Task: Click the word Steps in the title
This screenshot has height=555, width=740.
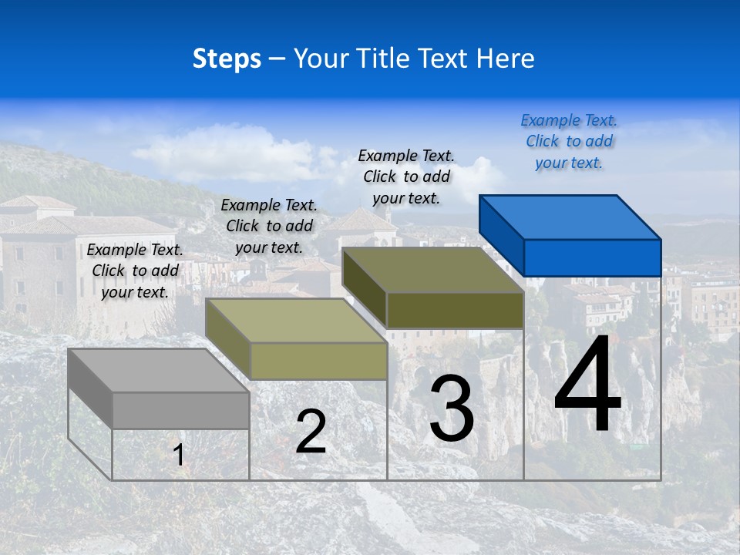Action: tap(227, 59)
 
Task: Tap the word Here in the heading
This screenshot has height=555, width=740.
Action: tap(505, 59)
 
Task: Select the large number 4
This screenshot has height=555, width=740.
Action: tap(587, 386)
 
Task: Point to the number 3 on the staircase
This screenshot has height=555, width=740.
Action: tap(452, 409)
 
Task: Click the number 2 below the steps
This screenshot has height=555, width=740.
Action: tap(311, 432)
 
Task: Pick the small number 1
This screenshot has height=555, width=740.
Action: tap(179, 455)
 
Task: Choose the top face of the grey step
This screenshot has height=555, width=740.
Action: tap(159, 371)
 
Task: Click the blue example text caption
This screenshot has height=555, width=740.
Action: tap(569, 141)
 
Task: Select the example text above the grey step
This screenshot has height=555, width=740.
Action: tap(135, 271)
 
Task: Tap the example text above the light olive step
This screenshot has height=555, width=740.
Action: tap(269, 226)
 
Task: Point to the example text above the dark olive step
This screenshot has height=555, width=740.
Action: tap(406, 177)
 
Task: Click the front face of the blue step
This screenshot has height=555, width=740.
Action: tap(592, 257)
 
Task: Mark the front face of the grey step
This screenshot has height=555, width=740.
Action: tap(181, 410)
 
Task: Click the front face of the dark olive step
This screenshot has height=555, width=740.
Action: tap(455, 310)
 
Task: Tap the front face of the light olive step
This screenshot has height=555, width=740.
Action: tap(318, 361)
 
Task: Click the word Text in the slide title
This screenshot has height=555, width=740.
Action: tap(446, 59)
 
